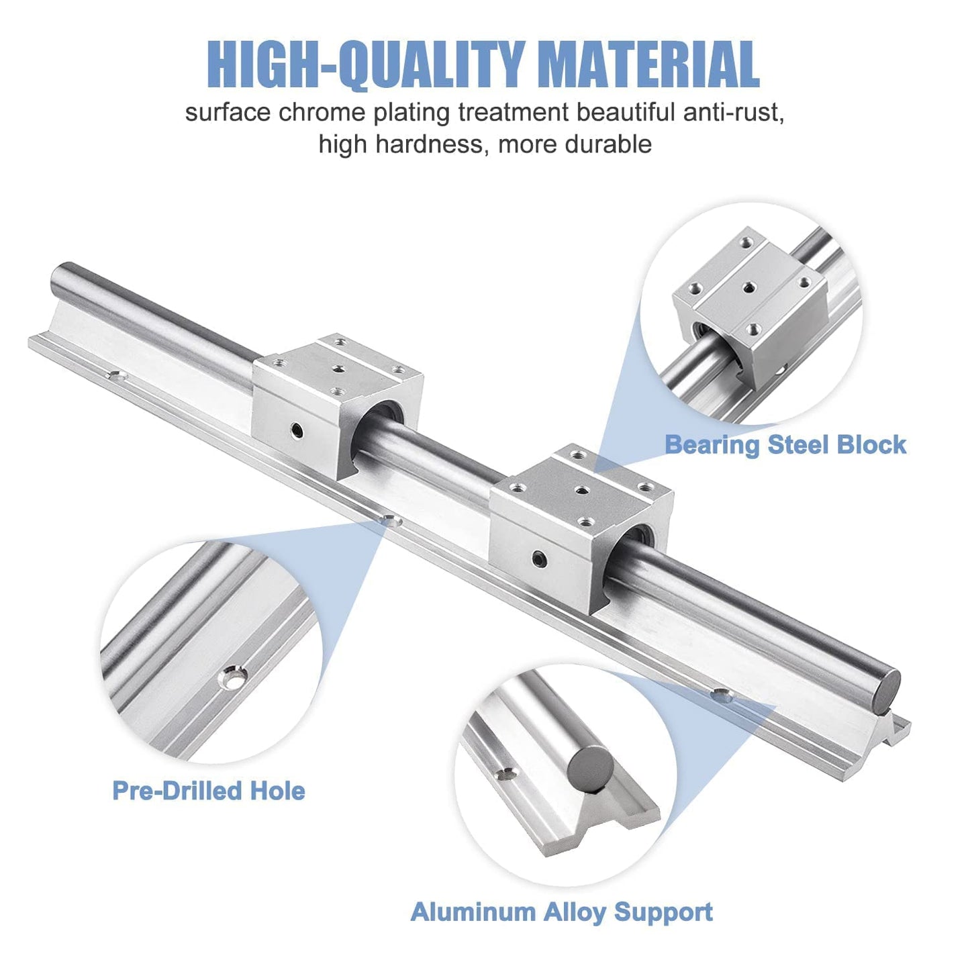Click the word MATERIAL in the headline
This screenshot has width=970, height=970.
(648, 65)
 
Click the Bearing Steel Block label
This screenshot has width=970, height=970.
(785, 444)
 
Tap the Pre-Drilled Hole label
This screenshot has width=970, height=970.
(209, 791)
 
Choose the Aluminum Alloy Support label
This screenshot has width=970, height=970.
(561, 912)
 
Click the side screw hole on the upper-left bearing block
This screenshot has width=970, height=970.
(296, 430)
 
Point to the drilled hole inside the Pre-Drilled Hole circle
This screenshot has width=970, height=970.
(234, 679)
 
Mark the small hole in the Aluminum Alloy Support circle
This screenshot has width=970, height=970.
(505, 775)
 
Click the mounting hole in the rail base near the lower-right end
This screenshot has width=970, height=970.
(720, 696)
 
